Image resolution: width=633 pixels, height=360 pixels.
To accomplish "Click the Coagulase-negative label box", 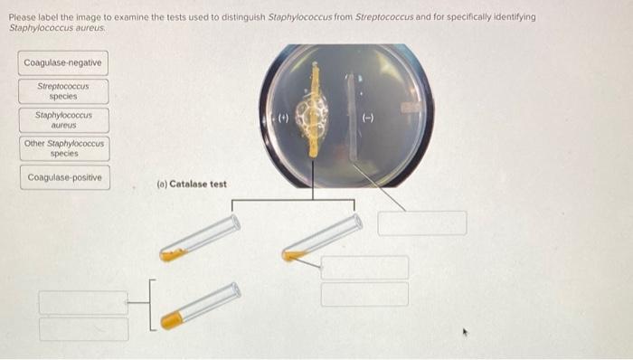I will coord(62,63).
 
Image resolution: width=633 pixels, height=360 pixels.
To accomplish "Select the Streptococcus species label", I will coord(62,91).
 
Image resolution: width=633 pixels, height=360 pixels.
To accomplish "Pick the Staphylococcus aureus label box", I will coord(62,119).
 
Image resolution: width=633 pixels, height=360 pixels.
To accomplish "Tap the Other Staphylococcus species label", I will coord(63,147).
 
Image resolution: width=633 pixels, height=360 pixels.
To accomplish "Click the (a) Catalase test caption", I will coord(191,185).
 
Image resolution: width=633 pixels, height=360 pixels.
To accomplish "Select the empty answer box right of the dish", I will coord(421,223).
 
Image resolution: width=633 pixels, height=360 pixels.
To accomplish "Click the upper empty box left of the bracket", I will coord(83,302).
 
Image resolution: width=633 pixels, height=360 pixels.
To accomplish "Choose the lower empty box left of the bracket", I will coord(83,328).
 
